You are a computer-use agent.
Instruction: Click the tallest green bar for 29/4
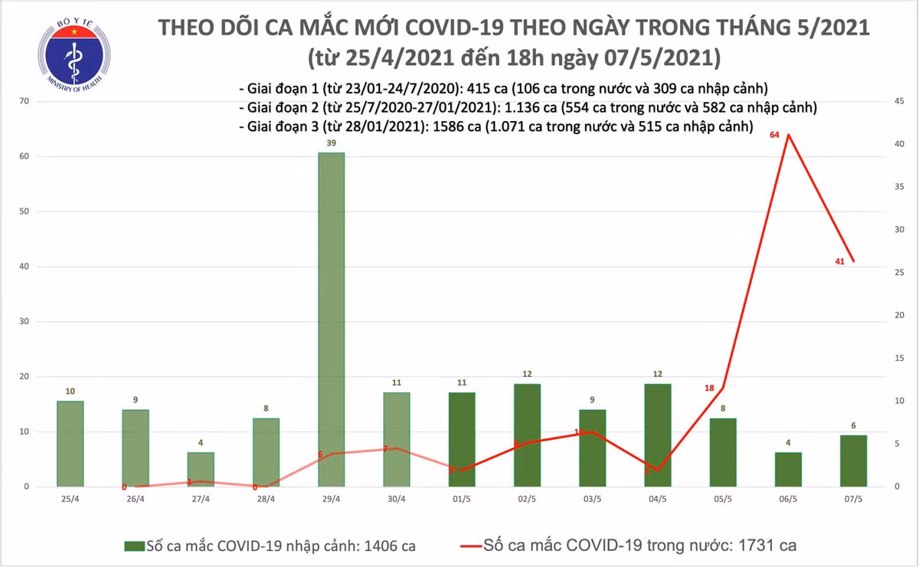point(332,320)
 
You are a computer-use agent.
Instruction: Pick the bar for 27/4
point(201,469)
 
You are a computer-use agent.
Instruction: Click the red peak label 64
point(774,135)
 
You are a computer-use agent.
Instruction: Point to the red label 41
point(839,262)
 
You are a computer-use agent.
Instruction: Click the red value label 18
point(709,388)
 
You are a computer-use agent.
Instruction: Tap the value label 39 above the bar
point(332,144)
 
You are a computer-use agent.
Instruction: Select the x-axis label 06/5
point(788,499)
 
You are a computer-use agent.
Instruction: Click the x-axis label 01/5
point(462,499)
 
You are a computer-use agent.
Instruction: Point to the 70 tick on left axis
point(25,101)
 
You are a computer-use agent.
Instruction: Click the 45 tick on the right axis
point(894,101)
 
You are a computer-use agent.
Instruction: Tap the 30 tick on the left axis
point(25,322)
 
